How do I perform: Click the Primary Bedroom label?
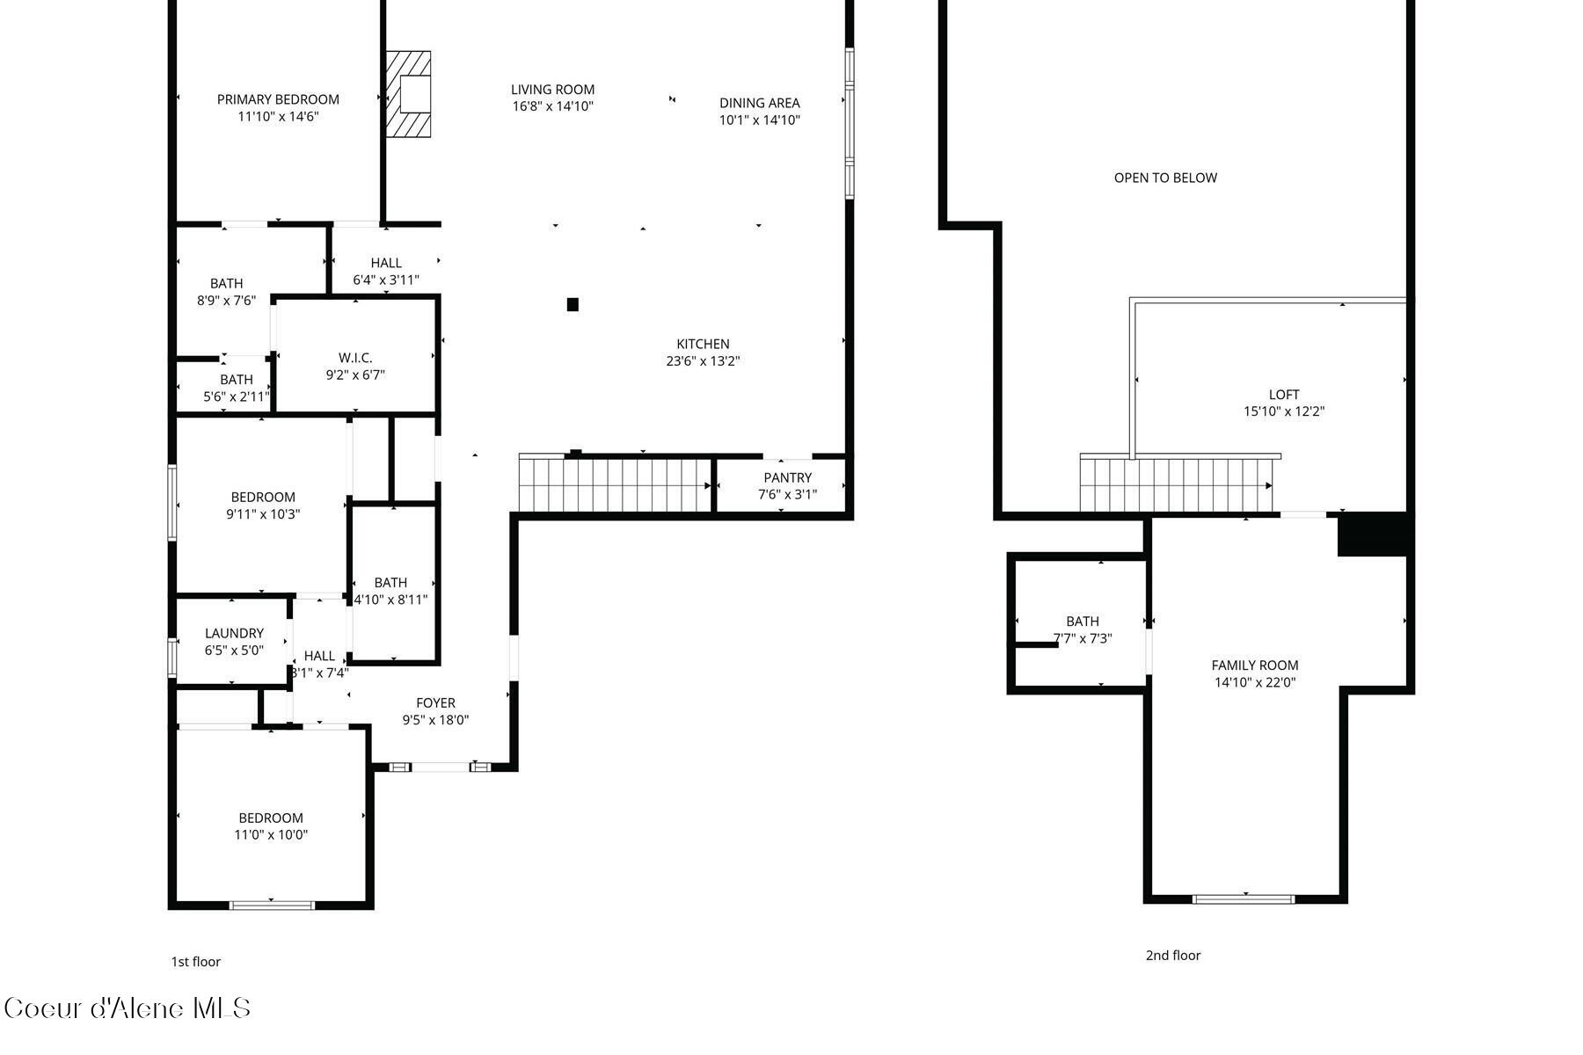point(278,99)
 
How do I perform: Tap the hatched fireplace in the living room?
point(409,94)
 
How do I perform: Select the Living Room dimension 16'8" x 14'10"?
point(553,106)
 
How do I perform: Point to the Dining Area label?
point(759,103)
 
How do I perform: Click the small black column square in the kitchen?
point(573,305)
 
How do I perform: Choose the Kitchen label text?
point(703,344)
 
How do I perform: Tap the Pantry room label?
point(787,477)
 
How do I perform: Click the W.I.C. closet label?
point(355,358)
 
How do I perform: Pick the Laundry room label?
point(234,633)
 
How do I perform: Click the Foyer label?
point(435,702)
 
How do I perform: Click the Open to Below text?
point(1165,178)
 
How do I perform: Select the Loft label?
point(1283,395)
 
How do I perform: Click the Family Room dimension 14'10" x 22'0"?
point(1254,682)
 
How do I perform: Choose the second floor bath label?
point(1082,621)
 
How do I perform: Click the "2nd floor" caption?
point(1172,956)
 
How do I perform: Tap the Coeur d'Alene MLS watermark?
point(128,1008)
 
